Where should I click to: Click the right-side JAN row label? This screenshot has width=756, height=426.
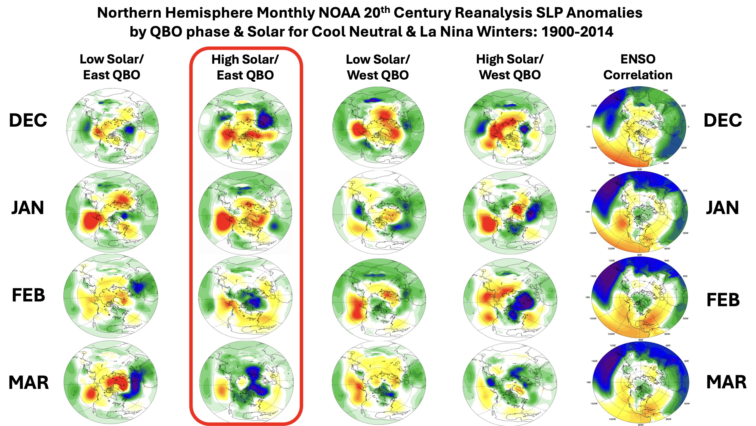[722, 208]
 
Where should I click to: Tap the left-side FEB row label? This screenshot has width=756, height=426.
[28, 295]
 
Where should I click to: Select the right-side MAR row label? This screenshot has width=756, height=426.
[726, 382]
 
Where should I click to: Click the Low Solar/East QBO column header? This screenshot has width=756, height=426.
[112, 67]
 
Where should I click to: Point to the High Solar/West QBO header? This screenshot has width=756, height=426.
[510, 67]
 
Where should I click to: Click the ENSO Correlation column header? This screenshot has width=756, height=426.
[638, 67]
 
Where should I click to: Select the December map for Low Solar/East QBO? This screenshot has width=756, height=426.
[113, 128]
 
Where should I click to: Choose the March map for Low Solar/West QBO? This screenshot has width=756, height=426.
[379, 382]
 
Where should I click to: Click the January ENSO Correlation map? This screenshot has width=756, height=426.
[639, 212]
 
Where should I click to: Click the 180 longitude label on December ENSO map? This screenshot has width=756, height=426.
[588, 127]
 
